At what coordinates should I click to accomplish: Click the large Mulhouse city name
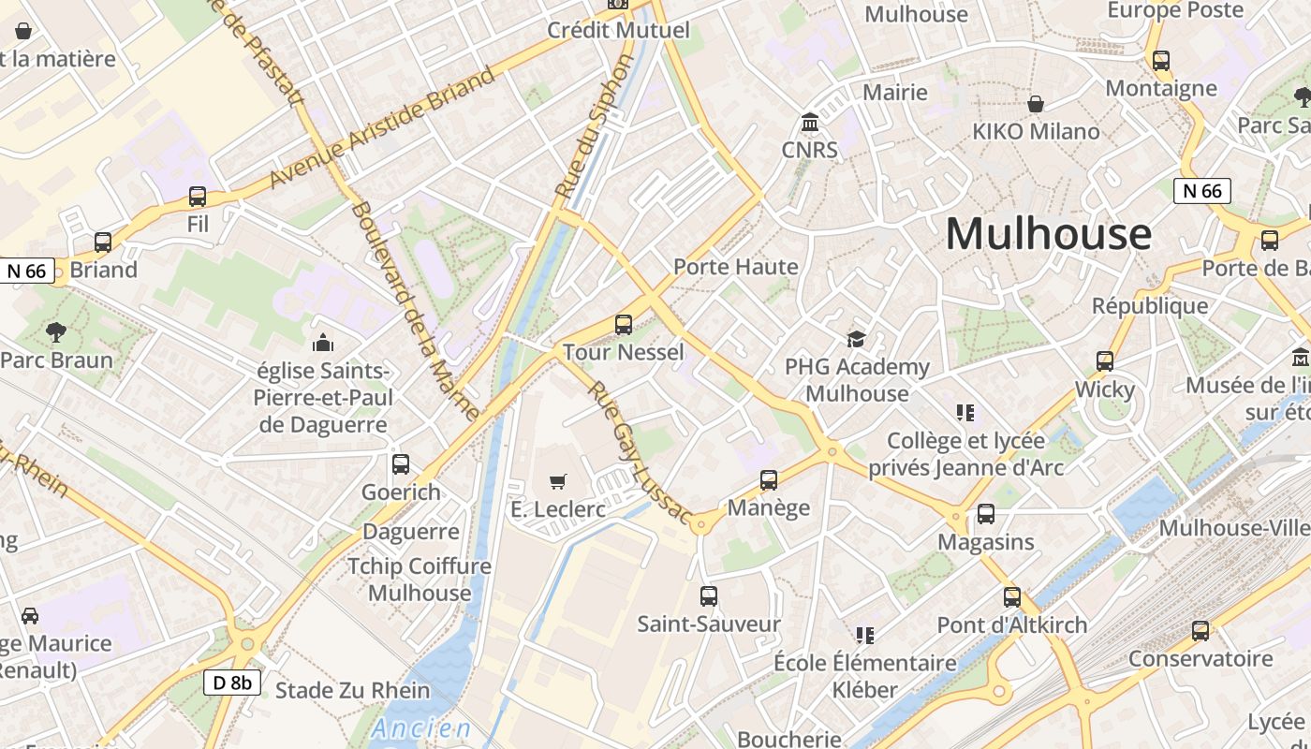1048,233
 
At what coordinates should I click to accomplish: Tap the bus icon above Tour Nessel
624,325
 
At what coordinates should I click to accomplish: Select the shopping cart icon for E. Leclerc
558,481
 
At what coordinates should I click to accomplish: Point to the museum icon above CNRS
810,123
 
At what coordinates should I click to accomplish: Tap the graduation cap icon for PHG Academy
856,339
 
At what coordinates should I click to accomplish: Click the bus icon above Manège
769,480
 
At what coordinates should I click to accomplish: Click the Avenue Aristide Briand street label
382,127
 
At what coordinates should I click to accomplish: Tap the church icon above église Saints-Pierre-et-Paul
323,343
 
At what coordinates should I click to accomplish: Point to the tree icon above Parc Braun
56,331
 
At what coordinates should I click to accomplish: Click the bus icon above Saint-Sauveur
709,595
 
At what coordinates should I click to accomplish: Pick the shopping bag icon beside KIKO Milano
1036,103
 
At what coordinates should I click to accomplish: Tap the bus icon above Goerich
401,463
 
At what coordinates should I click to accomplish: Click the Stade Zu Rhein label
353,691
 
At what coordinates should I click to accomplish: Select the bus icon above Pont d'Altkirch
1012,596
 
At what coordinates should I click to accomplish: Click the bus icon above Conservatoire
1201,631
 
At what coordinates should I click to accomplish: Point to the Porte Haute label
736,267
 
